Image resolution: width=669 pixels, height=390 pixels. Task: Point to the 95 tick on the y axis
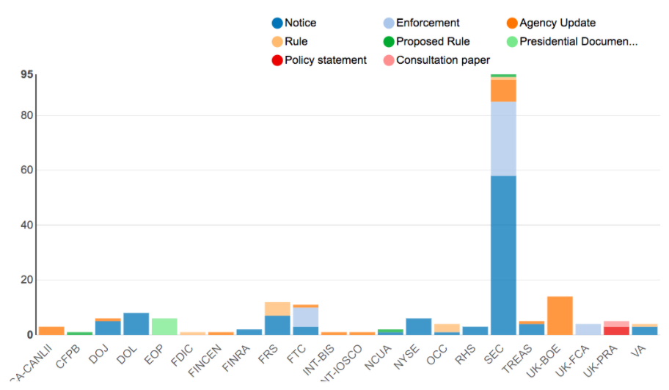click(27, 74)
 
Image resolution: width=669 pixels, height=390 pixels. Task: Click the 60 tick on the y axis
click(27, 170)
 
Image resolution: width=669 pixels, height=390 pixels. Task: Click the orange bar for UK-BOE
click(560, 315)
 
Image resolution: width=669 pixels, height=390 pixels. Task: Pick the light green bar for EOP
click(164, 326)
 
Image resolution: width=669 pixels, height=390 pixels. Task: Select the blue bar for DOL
click(136, 323)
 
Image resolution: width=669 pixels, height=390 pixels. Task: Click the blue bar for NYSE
click(419, 326)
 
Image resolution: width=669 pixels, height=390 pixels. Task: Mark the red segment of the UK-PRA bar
click(616, 331)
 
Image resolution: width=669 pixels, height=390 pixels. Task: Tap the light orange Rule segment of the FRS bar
click(277, 308)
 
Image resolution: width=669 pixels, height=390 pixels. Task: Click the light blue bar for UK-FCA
click(588, 329)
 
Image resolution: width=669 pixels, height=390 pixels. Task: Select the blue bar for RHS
click(475, 331)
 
